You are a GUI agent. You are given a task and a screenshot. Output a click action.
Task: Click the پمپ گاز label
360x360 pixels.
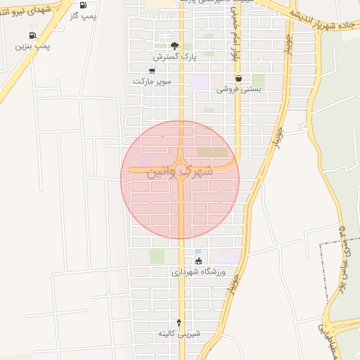[x=82, y=15]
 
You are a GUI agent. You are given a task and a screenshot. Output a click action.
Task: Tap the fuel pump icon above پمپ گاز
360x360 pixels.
[x=83, y=5]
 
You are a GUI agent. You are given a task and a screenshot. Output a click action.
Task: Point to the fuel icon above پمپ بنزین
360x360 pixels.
[x=32, y=35]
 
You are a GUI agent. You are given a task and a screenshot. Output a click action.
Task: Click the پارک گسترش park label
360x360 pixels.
[x=174, y=56]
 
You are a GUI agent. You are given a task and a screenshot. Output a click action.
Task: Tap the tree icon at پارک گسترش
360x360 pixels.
[x=174, y=45]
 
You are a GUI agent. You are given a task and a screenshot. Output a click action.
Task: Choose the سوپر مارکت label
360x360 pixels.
[x=153, y=81]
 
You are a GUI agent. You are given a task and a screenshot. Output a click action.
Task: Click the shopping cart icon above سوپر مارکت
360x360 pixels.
[x=153, y=70]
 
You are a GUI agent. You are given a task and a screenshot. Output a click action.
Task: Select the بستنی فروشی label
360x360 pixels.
[x=239, y=89]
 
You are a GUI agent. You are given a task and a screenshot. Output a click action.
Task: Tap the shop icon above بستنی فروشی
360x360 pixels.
[x=239, y=79]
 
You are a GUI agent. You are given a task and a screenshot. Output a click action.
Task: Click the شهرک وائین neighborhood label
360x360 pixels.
[x=181, y=171]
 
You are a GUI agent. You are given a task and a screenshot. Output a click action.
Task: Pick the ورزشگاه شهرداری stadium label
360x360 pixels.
[x=198, y=271]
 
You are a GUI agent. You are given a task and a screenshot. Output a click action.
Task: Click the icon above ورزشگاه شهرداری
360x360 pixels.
[x=198, y=261]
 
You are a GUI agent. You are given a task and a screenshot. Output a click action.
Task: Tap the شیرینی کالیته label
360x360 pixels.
[x=179, y=333]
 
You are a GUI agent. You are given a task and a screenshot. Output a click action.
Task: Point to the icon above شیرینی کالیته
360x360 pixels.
[x=179, y=323]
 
